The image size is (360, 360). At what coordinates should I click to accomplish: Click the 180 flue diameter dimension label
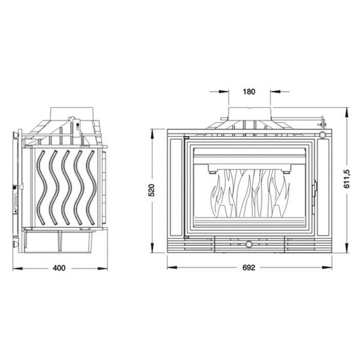tap(248, 92)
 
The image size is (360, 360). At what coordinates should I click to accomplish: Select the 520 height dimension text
tap(151, 190)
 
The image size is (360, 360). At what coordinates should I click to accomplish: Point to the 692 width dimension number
tap(249, 267)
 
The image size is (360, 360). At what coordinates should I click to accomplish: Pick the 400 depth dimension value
tap(61, 268)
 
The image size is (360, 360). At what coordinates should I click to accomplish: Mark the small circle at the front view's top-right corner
tap(322, 135)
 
